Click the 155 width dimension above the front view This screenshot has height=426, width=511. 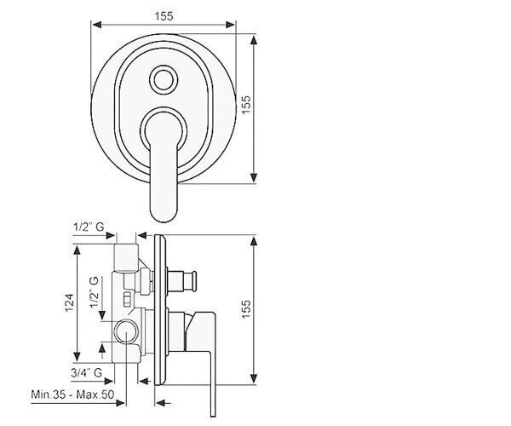164,16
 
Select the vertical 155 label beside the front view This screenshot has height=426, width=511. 246,104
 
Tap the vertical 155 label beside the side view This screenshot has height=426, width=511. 246,308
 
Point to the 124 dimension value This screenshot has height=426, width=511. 70,302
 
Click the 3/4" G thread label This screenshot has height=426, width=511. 87,372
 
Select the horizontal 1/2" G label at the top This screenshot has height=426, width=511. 89,227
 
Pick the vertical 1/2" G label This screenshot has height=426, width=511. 95,292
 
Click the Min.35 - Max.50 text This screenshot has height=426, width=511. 72,394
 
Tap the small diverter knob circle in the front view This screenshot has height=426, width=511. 164,79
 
